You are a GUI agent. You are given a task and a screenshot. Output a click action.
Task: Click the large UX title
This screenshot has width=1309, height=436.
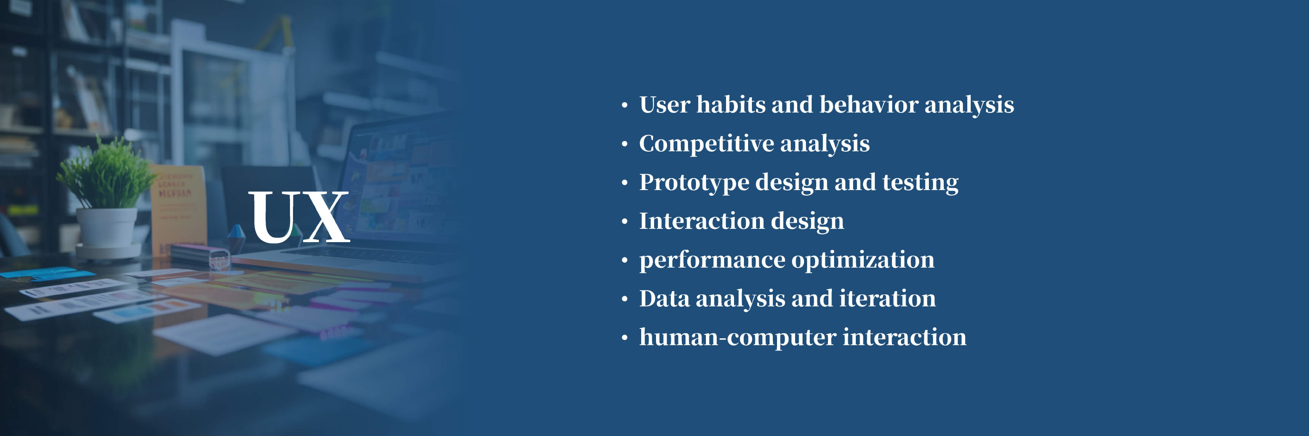pyautogui.click(x=299, y=217)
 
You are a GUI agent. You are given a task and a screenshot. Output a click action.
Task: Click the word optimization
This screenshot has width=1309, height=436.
pyautogui.click(x=863, y=260)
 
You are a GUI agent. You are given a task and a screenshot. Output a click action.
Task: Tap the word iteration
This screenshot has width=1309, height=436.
pyautogui.click(x=887, y=298)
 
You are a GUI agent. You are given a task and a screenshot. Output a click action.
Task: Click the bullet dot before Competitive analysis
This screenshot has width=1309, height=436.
pyautogui.click(x=624, y=144)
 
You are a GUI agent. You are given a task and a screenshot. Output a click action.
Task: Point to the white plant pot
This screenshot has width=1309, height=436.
pyautogui.click(x=106, y=228)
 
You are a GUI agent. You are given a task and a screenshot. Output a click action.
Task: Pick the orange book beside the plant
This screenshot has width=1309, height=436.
pyautogui.click(x=178, y=208)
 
